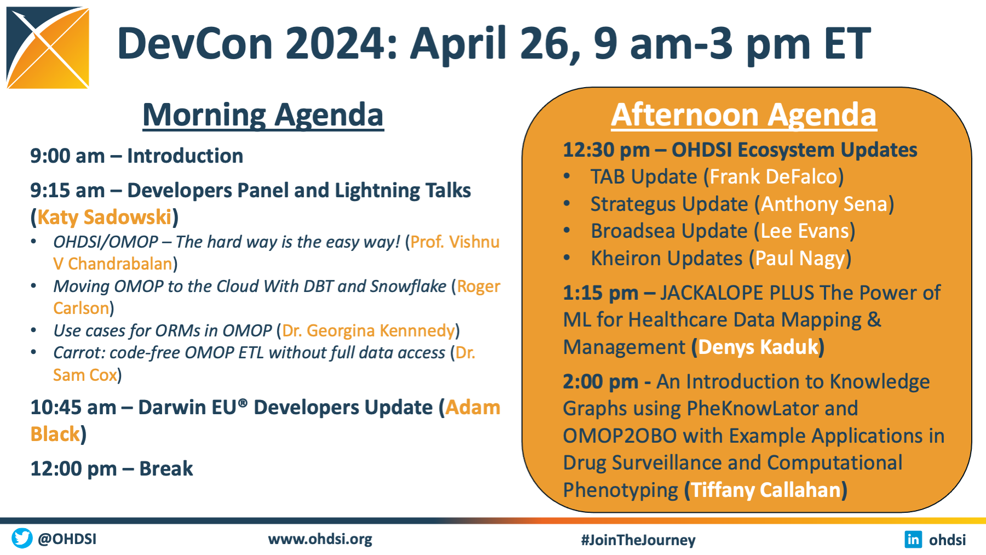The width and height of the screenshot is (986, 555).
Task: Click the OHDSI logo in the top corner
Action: point(48,48)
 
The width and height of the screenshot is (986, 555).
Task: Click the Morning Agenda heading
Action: point(263,115)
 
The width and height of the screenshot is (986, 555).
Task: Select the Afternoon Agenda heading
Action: point(744,115)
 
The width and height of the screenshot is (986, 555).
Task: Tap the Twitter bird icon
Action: point(22,538)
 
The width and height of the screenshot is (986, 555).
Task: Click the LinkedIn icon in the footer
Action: point(913,539)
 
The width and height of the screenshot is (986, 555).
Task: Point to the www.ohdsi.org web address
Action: point(320,539)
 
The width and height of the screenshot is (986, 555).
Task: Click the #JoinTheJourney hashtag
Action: point(638,540)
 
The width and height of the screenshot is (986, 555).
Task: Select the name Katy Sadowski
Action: point(105,218)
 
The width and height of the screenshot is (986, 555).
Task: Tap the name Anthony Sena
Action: point(824,204)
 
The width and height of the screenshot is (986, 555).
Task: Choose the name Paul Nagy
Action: point(800,259)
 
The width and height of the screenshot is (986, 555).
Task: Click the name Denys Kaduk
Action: point(758,347)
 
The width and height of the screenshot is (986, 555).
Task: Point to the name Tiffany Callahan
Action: point(766,490)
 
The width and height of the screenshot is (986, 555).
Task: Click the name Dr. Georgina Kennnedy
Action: point(368,331)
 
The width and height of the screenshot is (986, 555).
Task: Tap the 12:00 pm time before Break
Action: point(74,469)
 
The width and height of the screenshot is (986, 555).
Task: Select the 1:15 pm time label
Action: point(601,293)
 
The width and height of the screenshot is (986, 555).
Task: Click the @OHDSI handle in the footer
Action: point(67,539)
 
